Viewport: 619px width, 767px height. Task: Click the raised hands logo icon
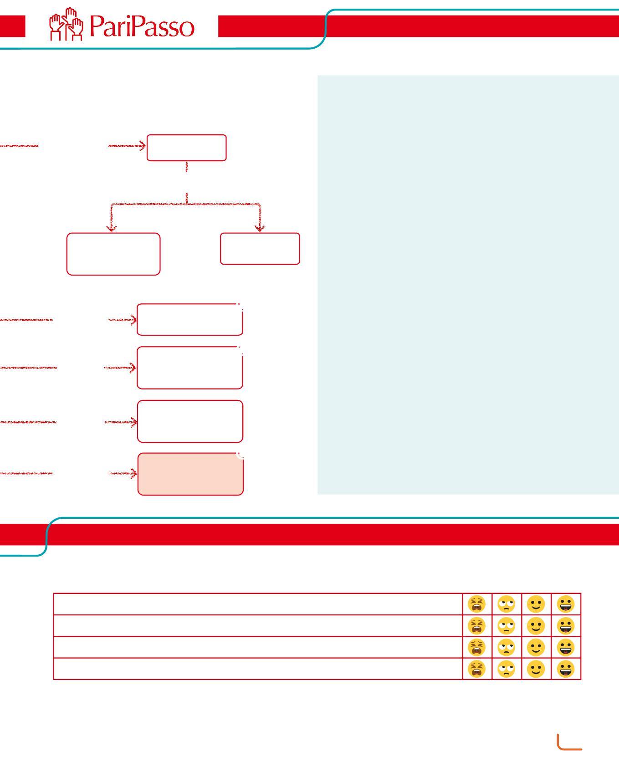coord(67,25)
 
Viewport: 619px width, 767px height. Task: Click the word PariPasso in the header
coord(142,26)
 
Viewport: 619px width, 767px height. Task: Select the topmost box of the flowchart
coord(186,148)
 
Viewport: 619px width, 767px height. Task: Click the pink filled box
coord(190,474)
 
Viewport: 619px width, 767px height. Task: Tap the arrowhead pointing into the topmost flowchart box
coord(143,146)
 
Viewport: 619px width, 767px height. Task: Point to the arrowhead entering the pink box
coord(133,474)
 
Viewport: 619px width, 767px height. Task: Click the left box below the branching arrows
coord(113,254)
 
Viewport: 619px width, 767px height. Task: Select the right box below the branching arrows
coord(260,249)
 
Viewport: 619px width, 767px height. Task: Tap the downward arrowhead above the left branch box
coord(111,227)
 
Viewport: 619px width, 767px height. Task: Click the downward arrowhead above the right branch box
coord(260,227)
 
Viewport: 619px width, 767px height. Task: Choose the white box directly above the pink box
coord(190,421)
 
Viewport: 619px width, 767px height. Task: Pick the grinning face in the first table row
coord(566,604)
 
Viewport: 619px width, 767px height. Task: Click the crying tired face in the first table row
coord(476,604)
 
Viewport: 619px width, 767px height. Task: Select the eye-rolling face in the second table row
coord(506,626)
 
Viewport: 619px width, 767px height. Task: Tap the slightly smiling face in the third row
coord(536,647)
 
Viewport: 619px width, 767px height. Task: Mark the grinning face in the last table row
coord(566,669)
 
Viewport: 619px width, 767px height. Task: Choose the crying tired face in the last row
coord(476,669)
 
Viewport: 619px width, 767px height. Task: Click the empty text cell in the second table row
coord(257,626)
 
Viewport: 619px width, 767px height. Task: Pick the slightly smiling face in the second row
coord(536,626)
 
